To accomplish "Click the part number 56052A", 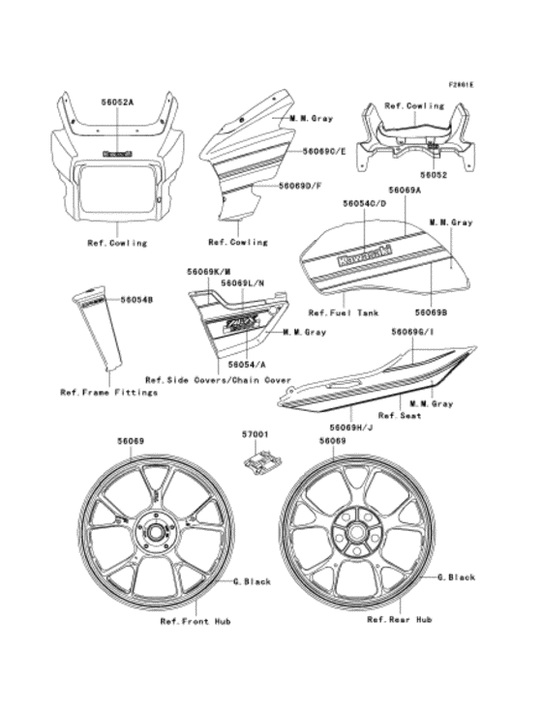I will pyautogui.click(x=117, y=100).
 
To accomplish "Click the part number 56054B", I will pyautogui.click(x=137, y=301).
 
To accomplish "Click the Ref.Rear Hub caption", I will pyautogui.click(x=399, y=618).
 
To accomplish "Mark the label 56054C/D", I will pyautogui.click(x=364, y=205).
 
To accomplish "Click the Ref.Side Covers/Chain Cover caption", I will pyautogui.click(x=218, y=379).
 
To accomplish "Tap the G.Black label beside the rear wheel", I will pyautogui.click(x=456, y=577).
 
